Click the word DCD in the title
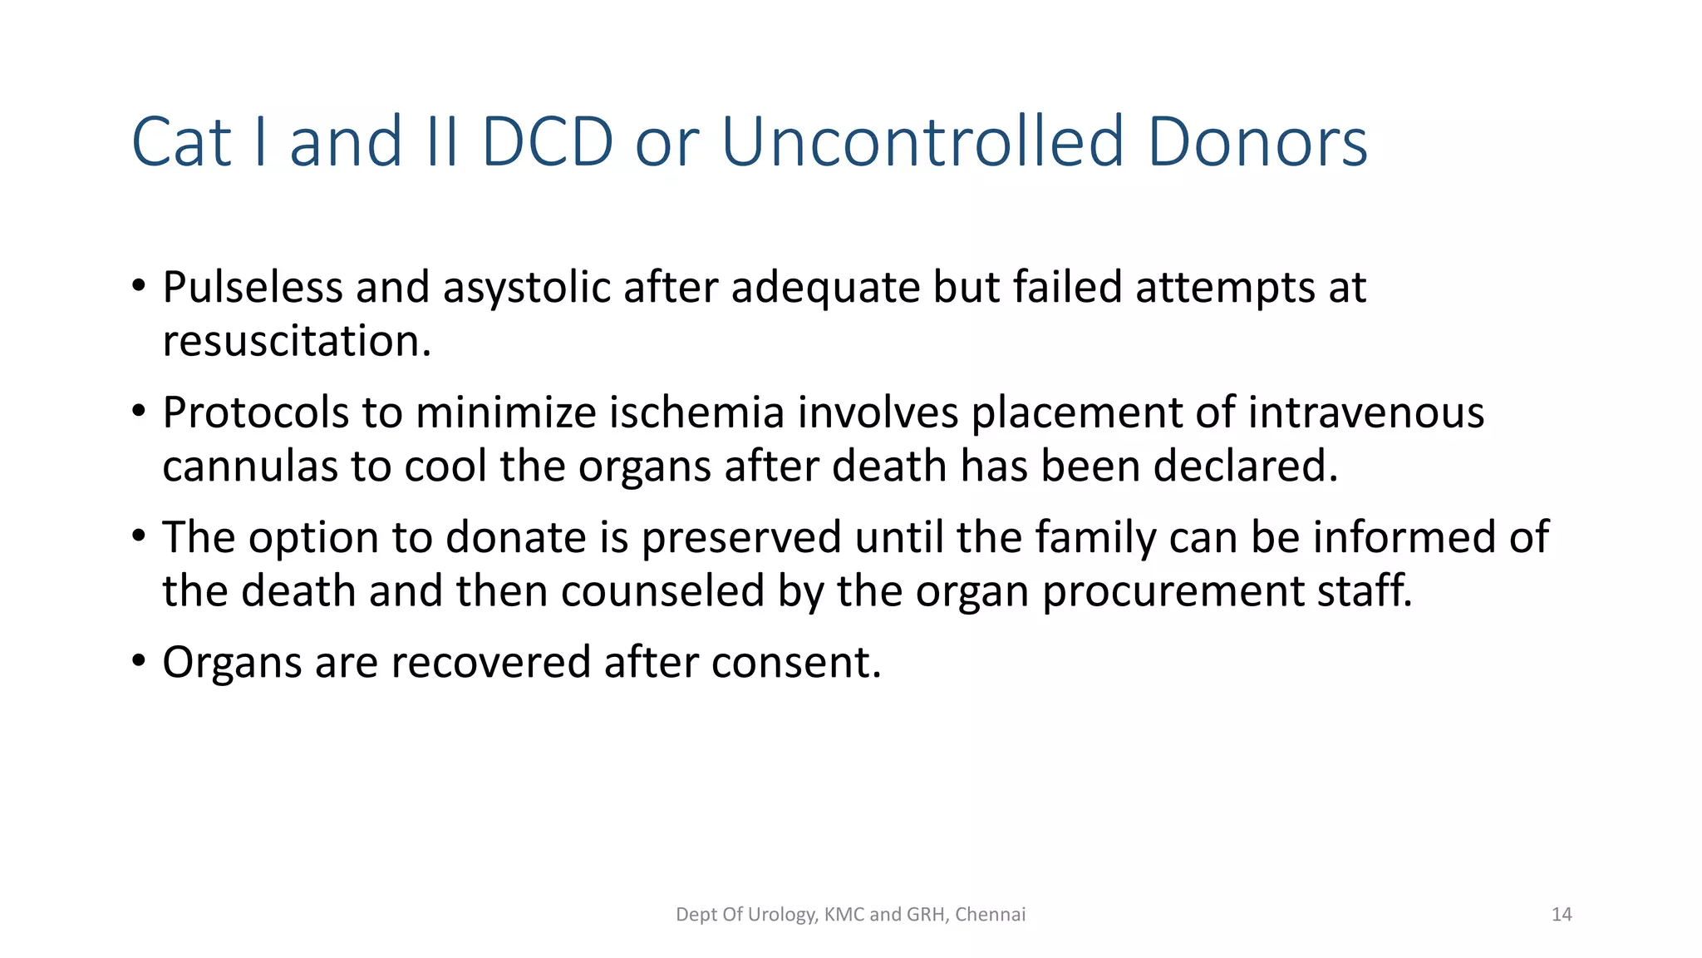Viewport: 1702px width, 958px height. coord(547,142)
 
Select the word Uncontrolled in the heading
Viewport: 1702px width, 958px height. coord(922,142)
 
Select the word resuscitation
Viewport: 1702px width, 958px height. coord(297,341)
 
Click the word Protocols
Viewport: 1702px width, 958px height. coord(255,412)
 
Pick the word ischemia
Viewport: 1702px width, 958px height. coord(696,412)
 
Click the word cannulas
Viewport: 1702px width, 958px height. coord(250,466)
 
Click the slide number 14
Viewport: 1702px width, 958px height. coord(1562,915)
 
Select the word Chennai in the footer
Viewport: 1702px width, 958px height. coord(990,915)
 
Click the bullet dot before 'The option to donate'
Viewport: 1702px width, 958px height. coord(139,536)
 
